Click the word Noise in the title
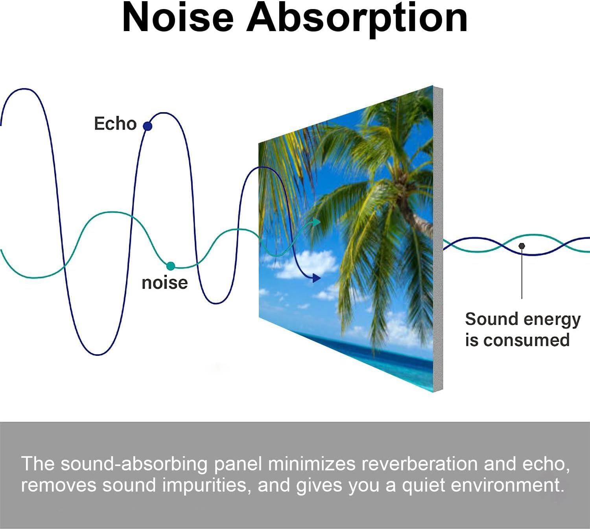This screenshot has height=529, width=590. pyautogui.click(x=178, y=18)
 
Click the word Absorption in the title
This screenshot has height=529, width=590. pyautogui.click(x=357, y=18)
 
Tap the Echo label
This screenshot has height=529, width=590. pyautogui.click(x=115, y=124)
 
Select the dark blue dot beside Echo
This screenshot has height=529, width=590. pyautogui.click(x=147, y=126)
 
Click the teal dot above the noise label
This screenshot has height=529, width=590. pyautogui.click(x=170, y=266)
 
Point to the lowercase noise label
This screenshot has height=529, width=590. pyautogui.click(x=164, y=283)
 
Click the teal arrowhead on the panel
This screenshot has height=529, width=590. pyautogui.click(x=316, y=222)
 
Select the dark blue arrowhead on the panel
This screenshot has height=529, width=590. pyautogui.click(x=316, y=278)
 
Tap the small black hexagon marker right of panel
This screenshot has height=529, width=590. pyautogui.click(x=522, y=246)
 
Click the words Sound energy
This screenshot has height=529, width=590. pyautogui.click(x=522, y=319)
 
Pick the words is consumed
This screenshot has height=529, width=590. pyautogui.click(x=517, y=340)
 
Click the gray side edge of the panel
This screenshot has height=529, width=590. pyautogui.click(x=438, y=236)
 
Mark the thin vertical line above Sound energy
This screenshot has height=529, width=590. pyautogui.click(x=522, y=276)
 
